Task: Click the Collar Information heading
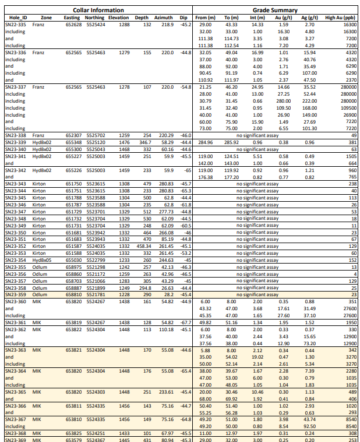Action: pyautogui.click(x=98, y=10)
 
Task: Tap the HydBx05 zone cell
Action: pyautogui.click(x=42, y=260)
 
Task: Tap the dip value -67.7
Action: pyautogui.click(x=186, y=322)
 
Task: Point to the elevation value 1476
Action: pyautogui.click(x=124, y=142)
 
